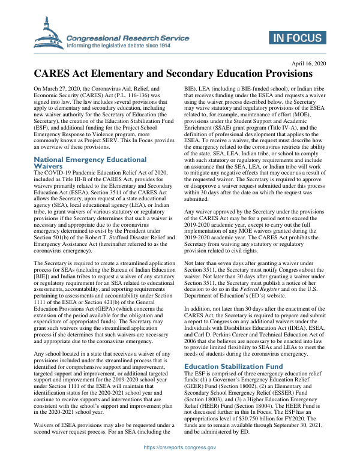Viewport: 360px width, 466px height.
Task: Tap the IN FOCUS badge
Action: click(x=298, y=38)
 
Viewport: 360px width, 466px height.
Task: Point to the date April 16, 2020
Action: click(x=309, y=64)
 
